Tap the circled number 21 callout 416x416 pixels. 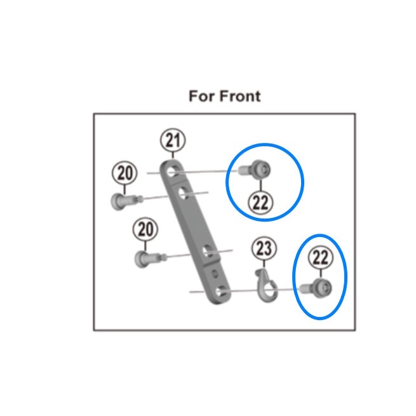[x=173, y=140]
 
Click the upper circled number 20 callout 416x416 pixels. [x=124, y=173]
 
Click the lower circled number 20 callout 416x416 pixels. [x=146, y=229]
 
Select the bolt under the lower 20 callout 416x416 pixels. [x=145, y=257]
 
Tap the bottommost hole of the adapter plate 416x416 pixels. [x=220, y=292]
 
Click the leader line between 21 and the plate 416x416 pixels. [x=173, y=155]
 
